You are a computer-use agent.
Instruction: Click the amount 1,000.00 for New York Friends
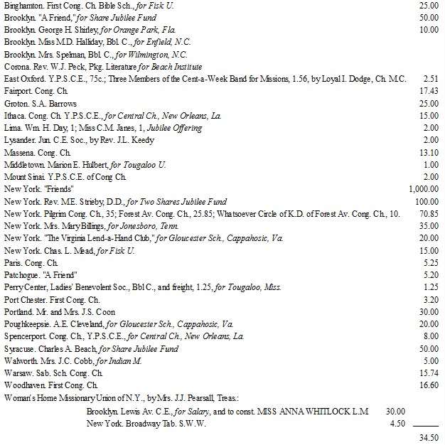(x=423, y=189)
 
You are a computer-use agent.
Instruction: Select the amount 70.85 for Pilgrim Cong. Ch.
(x=428, y=213)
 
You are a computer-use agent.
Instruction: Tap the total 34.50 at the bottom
(x=428, y=437)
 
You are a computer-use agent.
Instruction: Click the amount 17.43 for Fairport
(x=428, y=91)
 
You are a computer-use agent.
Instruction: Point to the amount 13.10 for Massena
(x=428, y=152)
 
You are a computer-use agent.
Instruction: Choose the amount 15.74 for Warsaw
(x=428, y=372)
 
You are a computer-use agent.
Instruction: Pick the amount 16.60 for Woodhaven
(x=428, y=385)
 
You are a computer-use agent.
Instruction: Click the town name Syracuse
(x=21, y=348)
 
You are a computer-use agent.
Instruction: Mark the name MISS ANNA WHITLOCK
(x=326, y=411)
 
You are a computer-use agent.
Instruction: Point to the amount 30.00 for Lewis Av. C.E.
(x=395, y=411)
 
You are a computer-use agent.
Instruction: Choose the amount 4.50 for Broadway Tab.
(x=397, y=423)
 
